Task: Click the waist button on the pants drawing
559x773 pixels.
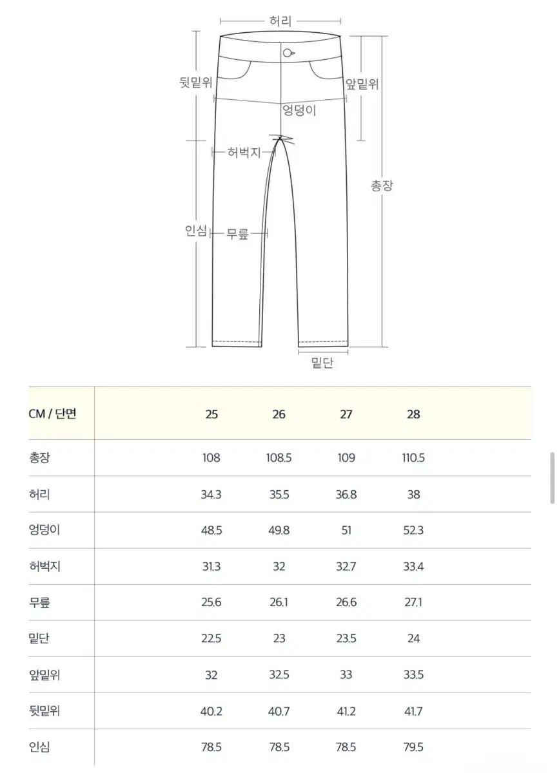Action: point(288,53)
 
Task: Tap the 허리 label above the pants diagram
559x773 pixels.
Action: point(280,21)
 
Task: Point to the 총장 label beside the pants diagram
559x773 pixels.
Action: point(382,186)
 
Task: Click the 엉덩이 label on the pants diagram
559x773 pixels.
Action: point(299,110)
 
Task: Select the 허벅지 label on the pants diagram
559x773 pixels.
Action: point(244,152)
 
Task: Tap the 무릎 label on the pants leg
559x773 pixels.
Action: point(237,234)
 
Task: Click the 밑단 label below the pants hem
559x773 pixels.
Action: point(322,363)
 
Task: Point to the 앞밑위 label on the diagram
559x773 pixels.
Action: point(362,84)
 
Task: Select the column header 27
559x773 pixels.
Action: point(346,414)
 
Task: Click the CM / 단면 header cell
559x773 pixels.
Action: point(52,414)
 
